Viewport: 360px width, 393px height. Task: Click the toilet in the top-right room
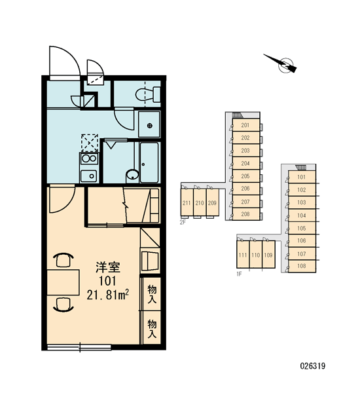148,94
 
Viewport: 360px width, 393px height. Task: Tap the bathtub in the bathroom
149,162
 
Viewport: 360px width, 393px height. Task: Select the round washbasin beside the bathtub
132,174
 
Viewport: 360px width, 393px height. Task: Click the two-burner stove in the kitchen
89,159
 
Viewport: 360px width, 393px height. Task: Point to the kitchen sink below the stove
88,176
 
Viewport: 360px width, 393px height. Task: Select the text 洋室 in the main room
108,267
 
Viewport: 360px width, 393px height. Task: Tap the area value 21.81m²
108,295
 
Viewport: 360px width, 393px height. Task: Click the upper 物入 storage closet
152,293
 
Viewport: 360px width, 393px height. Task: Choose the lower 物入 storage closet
152,327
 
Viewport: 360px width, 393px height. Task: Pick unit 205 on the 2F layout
245,176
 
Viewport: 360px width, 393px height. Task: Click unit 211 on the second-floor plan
187,202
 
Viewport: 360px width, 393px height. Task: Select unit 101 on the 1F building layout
302,177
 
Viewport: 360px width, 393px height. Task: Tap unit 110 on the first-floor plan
256,255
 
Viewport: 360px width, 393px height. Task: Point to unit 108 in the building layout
302,266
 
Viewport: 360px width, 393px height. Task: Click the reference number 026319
312,366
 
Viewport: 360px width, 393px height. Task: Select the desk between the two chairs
63,282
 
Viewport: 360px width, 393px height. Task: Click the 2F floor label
183,222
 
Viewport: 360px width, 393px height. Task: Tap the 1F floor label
239,274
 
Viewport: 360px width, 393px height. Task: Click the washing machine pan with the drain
149,124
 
